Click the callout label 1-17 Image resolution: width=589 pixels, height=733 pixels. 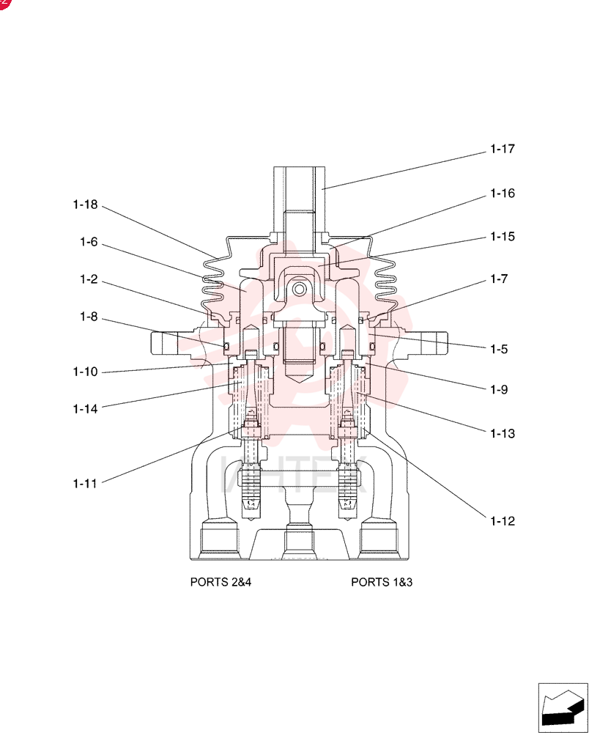pyautogui.click(x=502, y=149)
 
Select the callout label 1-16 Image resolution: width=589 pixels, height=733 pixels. pyautogui.click(x=502, y=194)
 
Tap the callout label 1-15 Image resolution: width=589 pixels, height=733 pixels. pyautogui.click(x=502, y=237)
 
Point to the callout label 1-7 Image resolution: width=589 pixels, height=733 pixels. pyautogui.click(x=499, y=279)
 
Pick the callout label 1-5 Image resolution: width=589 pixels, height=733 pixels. pyautogui.click(x=499, y=349)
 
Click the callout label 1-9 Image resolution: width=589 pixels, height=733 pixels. pyautogui.click(x=499, y=390)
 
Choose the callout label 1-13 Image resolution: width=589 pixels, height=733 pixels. pyautogui.click(x=502, y=434)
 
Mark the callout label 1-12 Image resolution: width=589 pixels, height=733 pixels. pyautogui.click(x=502, y=521)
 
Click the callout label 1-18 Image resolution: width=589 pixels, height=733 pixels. pyautogui.click(x=85, y=205)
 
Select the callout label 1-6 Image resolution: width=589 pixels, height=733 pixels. pyautogui.click(x=89, y=242)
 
